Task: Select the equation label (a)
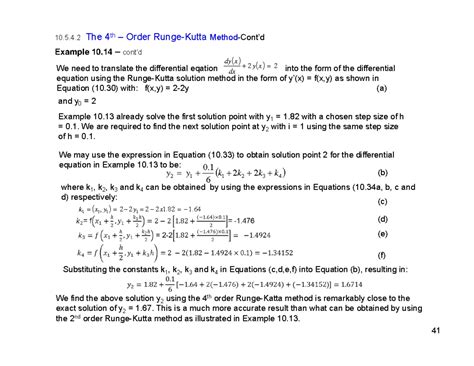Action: point(381,87)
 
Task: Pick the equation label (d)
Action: point(381,217)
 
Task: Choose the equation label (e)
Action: point(381,233)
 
